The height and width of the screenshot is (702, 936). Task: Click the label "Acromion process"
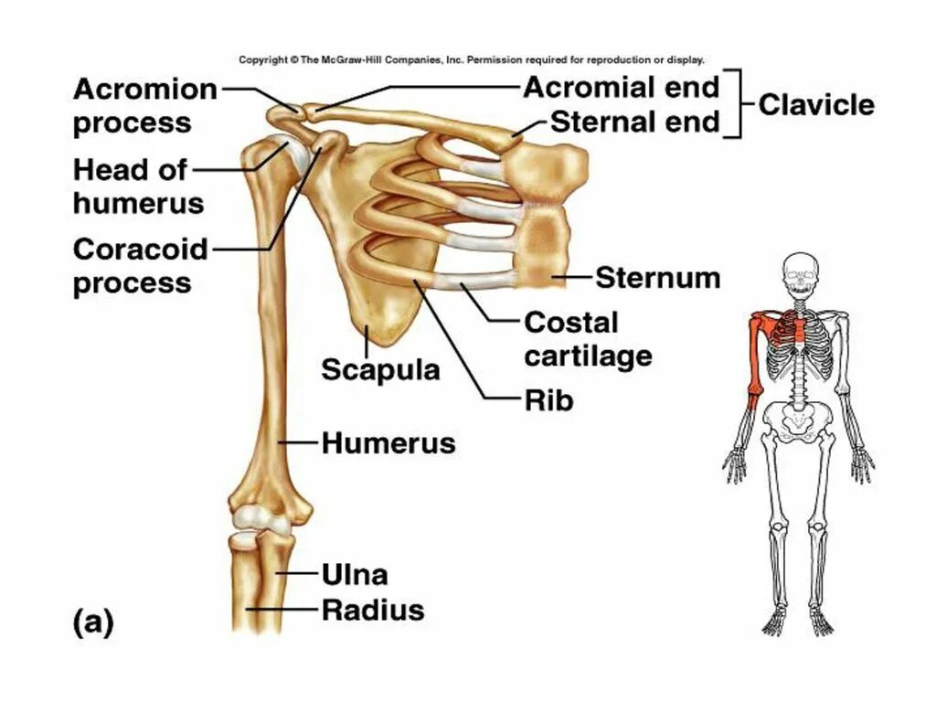click(x=145, y=106)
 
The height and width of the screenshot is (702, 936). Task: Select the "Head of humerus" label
click(x=138, y=186)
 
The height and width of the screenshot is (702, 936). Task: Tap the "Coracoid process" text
click(x=141, y=265)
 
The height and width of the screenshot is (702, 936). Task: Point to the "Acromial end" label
click(x=622, y=88)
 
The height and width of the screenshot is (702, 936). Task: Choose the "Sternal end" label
click(x=634, y=122)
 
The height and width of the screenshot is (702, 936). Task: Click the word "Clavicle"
click(x=816, y=104)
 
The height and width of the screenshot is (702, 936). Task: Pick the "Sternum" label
click(x=657, y=277)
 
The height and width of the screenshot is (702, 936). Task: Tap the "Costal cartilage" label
click(x=588, y=338)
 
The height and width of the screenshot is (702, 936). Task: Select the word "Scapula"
click(x=380, y=369)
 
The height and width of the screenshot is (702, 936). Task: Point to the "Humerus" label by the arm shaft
click(x=388, y=444)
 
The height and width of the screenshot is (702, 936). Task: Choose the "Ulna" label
click(x=355, y=574)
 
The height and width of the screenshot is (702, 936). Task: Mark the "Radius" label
click(x=373, y=610)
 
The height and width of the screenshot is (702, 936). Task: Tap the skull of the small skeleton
click(x=801, y=272)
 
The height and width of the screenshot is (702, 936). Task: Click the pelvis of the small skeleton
click(x=801, y=420)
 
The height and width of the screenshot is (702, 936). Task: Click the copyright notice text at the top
click(x=472, y=60)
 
